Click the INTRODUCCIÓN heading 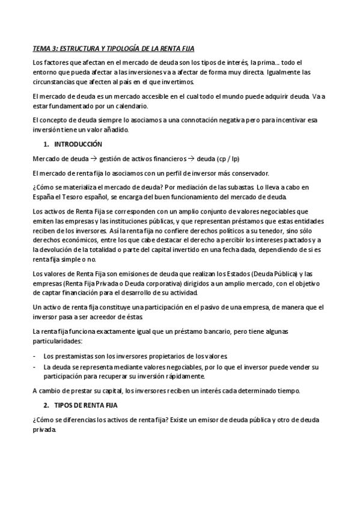point(78,144)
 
